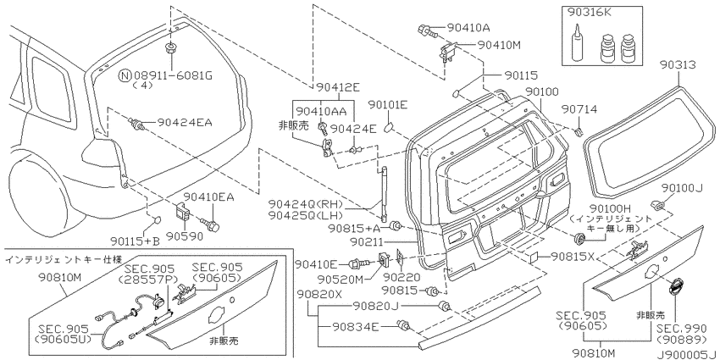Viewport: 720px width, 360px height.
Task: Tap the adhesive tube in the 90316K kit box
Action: click(577, 45)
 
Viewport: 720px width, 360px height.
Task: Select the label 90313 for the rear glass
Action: click(678, 64)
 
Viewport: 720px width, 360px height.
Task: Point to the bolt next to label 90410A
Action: click(426, 30)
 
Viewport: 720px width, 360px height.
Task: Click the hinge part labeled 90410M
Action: click(448, 51)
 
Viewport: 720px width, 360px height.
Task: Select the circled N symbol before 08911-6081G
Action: click(125, 75)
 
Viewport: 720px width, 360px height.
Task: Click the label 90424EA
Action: click(185, 123)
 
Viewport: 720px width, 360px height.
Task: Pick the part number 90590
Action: click(185, 237)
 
